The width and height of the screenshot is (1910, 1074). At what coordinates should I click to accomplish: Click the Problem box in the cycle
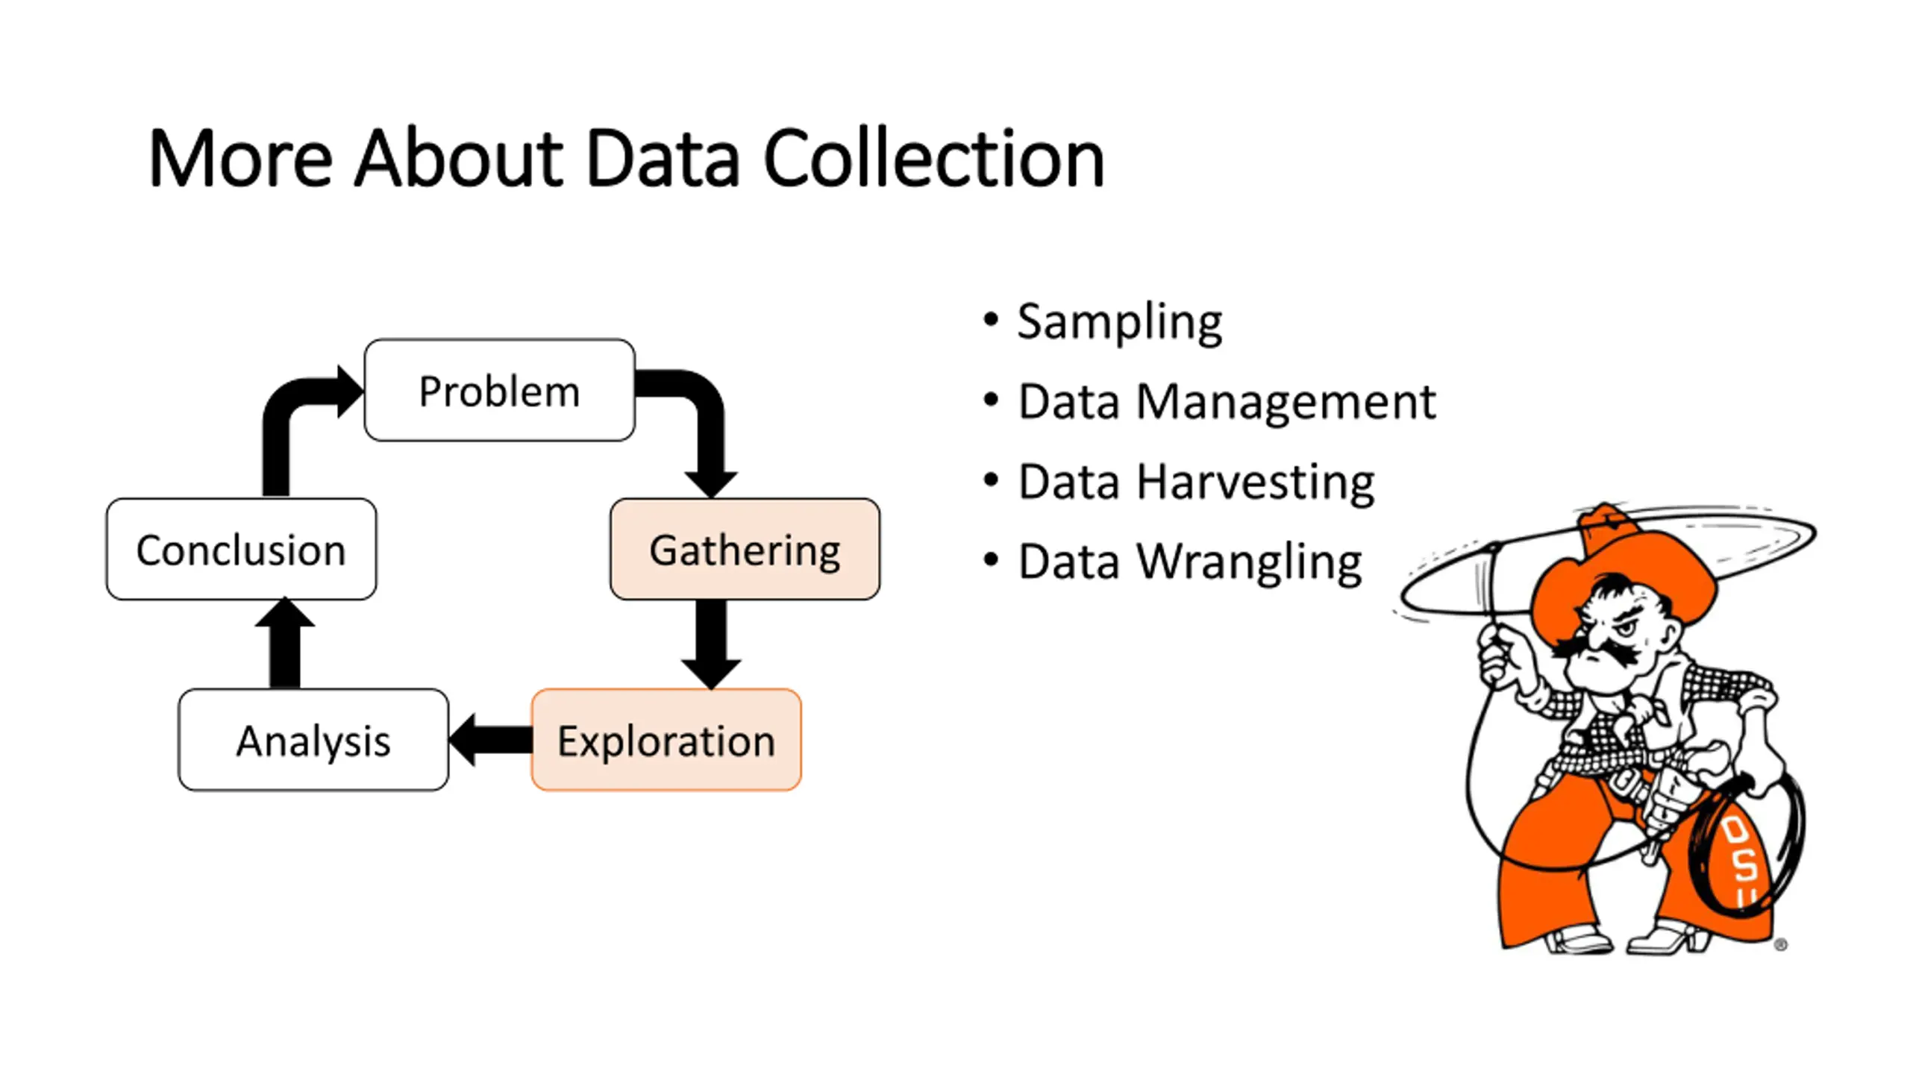click(x=499, y=390)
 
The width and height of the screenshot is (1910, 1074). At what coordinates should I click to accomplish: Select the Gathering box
click(x=745, y=549)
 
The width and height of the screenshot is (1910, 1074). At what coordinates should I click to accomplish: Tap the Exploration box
click(x=666, y=740)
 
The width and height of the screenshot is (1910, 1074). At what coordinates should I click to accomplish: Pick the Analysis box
click(x=313, y=740)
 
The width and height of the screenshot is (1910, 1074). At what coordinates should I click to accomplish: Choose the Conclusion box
click(x=241, y=549)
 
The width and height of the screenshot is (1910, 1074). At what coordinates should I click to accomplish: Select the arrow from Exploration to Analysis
click(x=490, y=740)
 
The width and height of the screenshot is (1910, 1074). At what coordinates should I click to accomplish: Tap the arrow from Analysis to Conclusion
click(x=284, y=643)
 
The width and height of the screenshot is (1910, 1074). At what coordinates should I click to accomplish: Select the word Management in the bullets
click(x=1286, y=403)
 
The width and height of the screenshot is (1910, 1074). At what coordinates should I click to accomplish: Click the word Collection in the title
click(x=934, y=158)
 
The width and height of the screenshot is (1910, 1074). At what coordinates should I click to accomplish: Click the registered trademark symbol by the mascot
click(x=1781, y=945)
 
